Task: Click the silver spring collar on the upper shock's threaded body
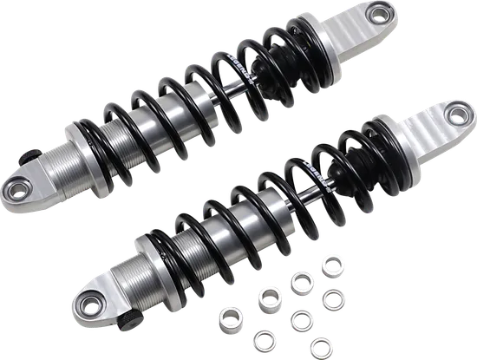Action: (83, 132)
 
